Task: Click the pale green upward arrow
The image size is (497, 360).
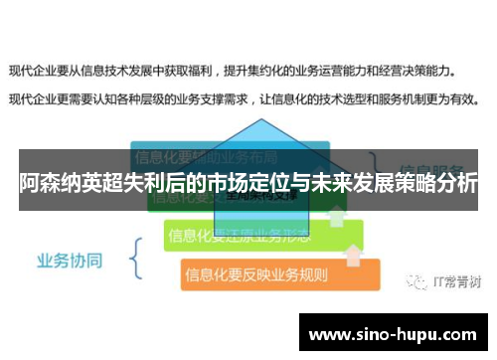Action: click(337, 213)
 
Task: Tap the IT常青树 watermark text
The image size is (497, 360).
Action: click(458, 280)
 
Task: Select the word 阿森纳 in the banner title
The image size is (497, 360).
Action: click(50, 184)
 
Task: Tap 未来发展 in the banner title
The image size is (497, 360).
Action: click(333, 184)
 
